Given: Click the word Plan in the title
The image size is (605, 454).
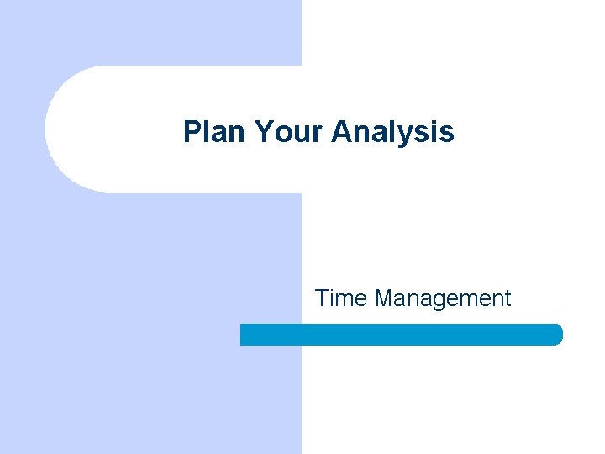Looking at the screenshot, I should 214,131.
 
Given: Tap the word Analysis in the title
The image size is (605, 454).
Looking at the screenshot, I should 393,131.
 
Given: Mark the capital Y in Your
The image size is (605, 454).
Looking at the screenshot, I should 263,131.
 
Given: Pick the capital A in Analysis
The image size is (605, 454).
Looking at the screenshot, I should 341,131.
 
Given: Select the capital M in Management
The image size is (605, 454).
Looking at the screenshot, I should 386,298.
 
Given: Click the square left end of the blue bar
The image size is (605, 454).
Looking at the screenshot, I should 245,335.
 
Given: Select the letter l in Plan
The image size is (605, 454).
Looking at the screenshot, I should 207,131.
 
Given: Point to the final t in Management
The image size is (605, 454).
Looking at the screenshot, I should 507,298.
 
